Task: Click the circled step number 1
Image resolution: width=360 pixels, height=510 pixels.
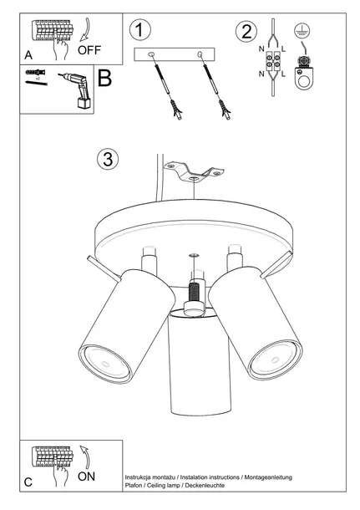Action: [x=140, y=29]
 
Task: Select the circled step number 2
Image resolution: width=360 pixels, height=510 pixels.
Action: [x=246, y=32]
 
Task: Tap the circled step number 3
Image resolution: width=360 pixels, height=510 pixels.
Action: [x=108, y=159]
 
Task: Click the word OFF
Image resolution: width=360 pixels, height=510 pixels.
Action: [x=89, y=50]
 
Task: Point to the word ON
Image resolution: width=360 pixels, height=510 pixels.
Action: [x=86, y=477]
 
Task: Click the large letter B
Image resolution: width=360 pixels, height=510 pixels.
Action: [x=104, y=78]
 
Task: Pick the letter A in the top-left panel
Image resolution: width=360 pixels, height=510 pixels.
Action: [x=28, y=55]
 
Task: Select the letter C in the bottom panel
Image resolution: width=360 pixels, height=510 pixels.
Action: [x=28, y=482]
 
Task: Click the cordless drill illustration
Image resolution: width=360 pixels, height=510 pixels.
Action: [x=77, y=89]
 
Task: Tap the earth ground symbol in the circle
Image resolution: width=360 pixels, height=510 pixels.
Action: [x=302, y=31]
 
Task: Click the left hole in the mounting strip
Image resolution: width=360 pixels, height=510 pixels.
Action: [x=151, y=54]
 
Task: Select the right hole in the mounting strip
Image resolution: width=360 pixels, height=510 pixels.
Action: [x=200, y=54]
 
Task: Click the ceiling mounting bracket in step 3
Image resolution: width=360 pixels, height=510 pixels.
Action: [x=194, y=171]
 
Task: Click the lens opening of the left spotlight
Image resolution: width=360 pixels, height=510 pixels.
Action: [x=104, y=363]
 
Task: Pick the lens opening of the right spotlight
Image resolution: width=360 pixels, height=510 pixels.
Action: [x=275, y=360]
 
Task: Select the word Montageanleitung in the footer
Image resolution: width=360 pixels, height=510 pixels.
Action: [x=268, y=477]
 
